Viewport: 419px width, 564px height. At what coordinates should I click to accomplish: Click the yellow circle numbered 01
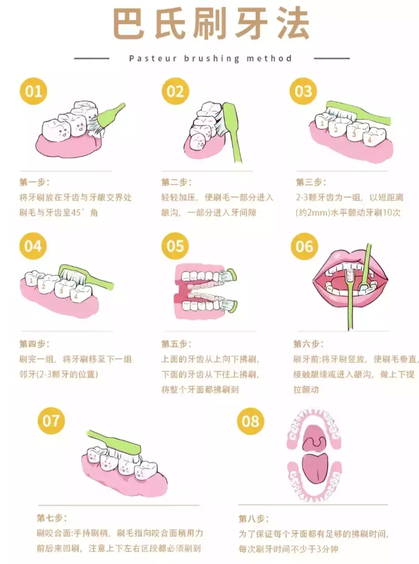(34, 91)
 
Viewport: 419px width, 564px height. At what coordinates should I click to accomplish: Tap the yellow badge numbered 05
(175, 246)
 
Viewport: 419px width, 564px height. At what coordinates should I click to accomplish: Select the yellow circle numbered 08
(250, 421)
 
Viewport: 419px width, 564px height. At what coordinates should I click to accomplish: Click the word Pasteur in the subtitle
(153, 58)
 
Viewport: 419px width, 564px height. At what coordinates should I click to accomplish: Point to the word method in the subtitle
(269, 58)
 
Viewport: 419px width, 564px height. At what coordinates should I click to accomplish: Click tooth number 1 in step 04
(31, 279)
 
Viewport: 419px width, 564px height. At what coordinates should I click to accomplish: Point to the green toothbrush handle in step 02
(233, 132)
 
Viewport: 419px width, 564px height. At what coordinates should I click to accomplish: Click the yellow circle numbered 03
(304, 91)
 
